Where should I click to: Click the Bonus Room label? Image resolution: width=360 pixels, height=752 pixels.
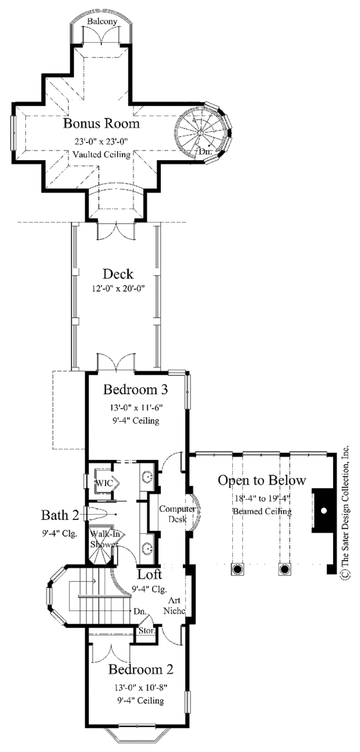click(101, 124)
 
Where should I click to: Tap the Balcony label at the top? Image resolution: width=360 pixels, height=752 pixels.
click(102, 22)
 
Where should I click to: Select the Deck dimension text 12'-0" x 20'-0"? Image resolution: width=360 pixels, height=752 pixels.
click(118, 288)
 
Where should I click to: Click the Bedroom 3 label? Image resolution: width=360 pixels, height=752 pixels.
click(136, 389)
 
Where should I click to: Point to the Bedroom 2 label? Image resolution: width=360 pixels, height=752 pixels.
click(141, 669)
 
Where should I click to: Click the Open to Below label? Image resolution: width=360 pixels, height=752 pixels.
click(262, 480)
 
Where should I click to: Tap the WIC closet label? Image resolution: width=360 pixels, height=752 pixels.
click(104, 483)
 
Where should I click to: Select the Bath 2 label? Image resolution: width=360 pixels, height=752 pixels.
click(60, 515)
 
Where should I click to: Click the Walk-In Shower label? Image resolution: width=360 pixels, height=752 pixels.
click(104, 539)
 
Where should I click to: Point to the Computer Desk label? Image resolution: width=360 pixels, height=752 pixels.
click(178, 514)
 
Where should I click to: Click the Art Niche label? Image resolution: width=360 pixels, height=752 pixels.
click(175, 605)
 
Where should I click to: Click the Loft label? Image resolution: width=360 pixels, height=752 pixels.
click(150, 574)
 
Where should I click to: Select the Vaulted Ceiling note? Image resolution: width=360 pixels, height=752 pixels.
click(101, 155)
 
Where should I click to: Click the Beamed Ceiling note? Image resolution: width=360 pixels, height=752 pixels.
click(262, 512)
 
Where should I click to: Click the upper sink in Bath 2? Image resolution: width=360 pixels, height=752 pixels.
click(148, 476)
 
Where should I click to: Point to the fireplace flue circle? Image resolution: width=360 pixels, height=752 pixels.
click(323, 510)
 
